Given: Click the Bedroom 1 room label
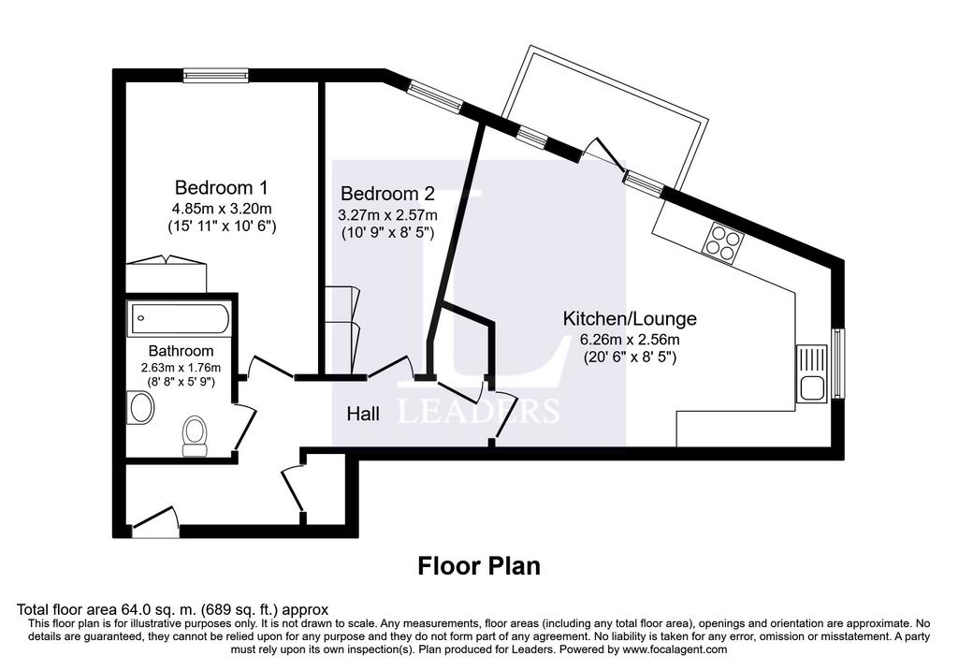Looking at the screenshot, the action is (221, 187).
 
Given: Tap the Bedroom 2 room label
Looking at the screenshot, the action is (387, 194).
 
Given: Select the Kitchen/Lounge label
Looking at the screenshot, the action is (630, 318).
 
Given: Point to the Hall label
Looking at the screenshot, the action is (363, 414).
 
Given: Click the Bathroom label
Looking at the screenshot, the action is (181, 351).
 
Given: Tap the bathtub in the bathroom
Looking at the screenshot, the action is (179, 318).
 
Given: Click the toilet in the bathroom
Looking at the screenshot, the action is (195, 436).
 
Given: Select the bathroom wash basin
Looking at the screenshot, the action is (141, 408).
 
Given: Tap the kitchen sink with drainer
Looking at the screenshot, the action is (811, 372).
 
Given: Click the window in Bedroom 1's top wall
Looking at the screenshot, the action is (217, 75).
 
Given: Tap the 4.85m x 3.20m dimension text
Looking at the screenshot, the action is (223, 208).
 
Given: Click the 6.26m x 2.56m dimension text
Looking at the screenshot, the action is (630, 340).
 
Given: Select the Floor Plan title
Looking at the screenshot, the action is (479, 566).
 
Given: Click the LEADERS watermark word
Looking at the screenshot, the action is (478, 411).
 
